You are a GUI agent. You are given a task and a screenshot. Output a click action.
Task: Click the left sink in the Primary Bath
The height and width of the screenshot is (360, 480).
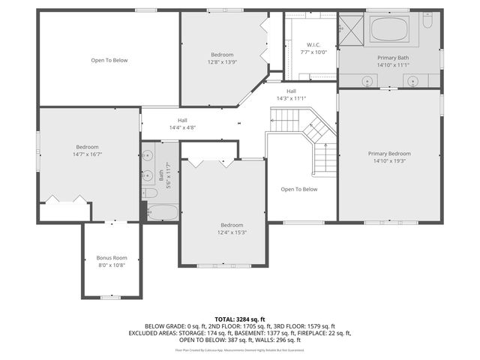[367, 81]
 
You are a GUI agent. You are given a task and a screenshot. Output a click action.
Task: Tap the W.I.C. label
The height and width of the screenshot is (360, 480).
[314, 45]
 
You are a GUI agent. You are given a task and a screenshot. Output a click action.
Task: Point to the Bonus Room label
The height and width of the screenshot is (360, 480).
[111, 258]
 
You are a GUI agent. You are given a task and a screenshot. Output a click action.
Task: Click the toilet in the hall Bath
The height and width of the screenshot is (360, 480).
[149, 193]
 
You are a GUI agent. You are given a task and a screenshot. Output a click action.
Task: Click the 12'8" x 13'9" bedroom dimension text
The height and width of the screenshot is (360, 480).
[222, 62]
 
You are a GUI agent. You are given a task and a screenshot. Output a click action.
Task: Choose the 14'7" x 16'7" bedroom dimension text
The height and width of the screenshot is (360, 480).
[87, 154]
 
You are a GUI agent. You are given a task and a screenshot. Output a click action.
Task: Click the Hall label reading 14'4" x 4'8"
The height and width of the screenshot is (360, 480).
[182, 128]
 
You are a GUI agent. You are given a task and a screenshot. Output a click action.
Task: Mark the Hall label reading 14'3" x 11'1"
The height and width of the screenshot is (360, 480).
[291, 98]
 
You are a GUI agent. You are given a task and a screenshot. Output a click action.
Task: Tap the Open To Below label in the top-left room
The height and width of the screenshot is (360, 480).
[109, 60]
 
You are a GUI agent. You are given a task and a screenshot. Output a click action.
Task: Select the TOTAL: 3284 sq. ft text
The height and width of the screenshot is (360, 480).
[239, 319]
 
